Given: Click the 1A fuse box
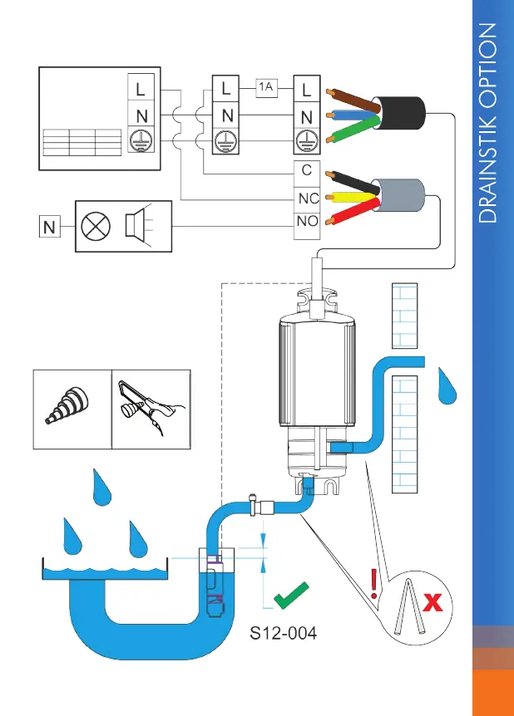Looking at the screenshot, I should pos(265,86).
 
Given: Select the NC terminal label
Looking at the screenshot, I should pos(307,199).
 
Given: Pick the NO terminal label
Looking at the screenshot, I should pos(307,222).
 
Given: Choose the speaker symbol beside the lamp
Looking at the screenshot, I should pos(136,224).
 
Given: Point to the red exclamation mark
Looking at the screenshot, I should pos(375,584).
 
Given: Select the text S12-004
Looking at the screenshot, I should pos(284,635).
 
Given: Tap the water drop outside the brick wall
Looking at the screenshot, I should pos(449,385).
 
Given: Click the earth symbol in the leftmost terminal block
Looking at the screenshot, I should pos(138,142).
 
